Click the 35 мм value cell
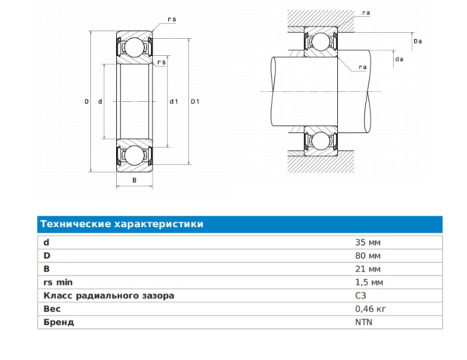(x=367, y=243)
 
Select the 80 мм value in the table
(x=367, y=256)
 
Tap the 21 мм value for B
(x=367, y=269)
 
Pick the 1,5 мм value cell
(x=369, y=282)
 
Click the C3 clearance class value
(x=360, y=295)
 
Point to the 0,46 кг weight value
(x=370, y=309)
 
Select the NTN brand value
(x=363, y=322)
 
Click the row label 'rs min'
(x=58, y=282)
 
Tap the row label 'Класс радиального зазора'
(x=109, y=295)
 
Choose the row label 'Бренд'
(x=58, y=322)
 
